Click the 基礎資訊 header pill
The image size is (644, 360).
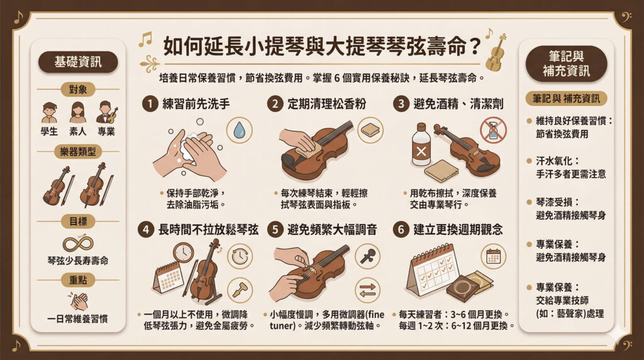click(x=77, y=62)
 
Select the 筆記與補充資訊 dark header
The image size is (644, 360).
click(x=566, y=63)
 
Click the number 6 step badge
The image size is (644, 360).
click(x=400, y=230)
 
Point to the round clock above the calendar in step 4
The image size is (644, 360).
click(x=183, y=252)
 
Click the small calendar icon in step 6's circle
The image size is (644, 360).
click(x=493, y=256)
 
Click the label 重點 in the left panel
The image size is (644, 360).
click(x=77, y=281)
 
